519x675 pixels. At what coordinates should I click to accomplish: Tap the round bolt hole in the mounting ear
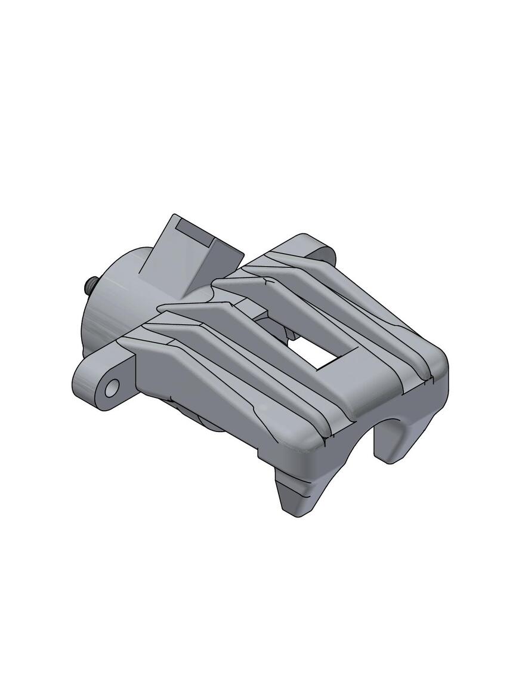point(112,388)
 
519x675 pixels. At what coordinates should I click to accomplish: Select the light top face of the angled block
point(170,257)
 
